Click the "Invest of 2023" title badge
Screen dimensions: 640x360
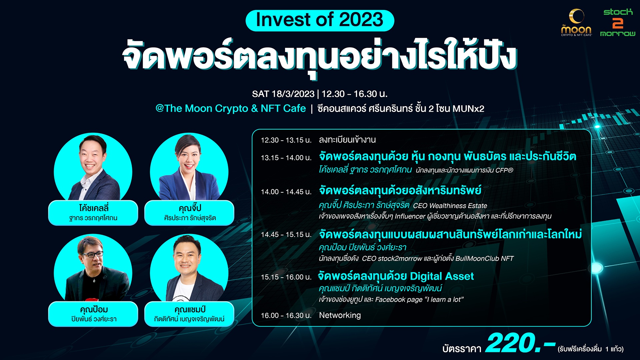[320, 20]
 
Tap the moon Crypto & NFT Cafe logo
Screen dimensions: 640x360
[576, 23]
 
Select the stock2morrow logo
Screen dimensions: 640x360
[618, 22]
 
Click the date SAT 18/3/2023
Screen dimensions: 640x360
[283, 94]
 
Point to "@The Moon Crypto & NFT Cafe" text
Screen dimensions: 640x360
[230, 108]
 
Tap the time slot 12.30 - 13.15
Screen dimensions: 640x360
[286, 140]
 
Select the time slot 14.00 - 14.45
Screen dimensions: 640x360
[286, 192]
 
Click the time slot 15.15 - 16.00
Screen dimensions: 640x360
[286, 277]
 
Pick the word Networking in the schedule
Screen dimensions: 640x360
[340, 315]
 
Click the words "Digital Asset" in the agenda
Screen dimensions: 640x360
[442, 276]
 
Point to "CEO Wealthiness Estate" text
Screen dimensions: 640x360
[450, 206]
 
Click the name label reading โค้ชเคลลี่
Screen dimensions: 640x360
[94, 208]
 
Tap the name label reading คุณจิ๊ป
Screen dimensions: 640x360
[190, 208]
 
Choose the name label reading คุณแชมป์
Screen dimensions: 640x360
[190, 309]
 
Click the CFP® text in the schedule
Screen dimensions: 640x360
[504, 170]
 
